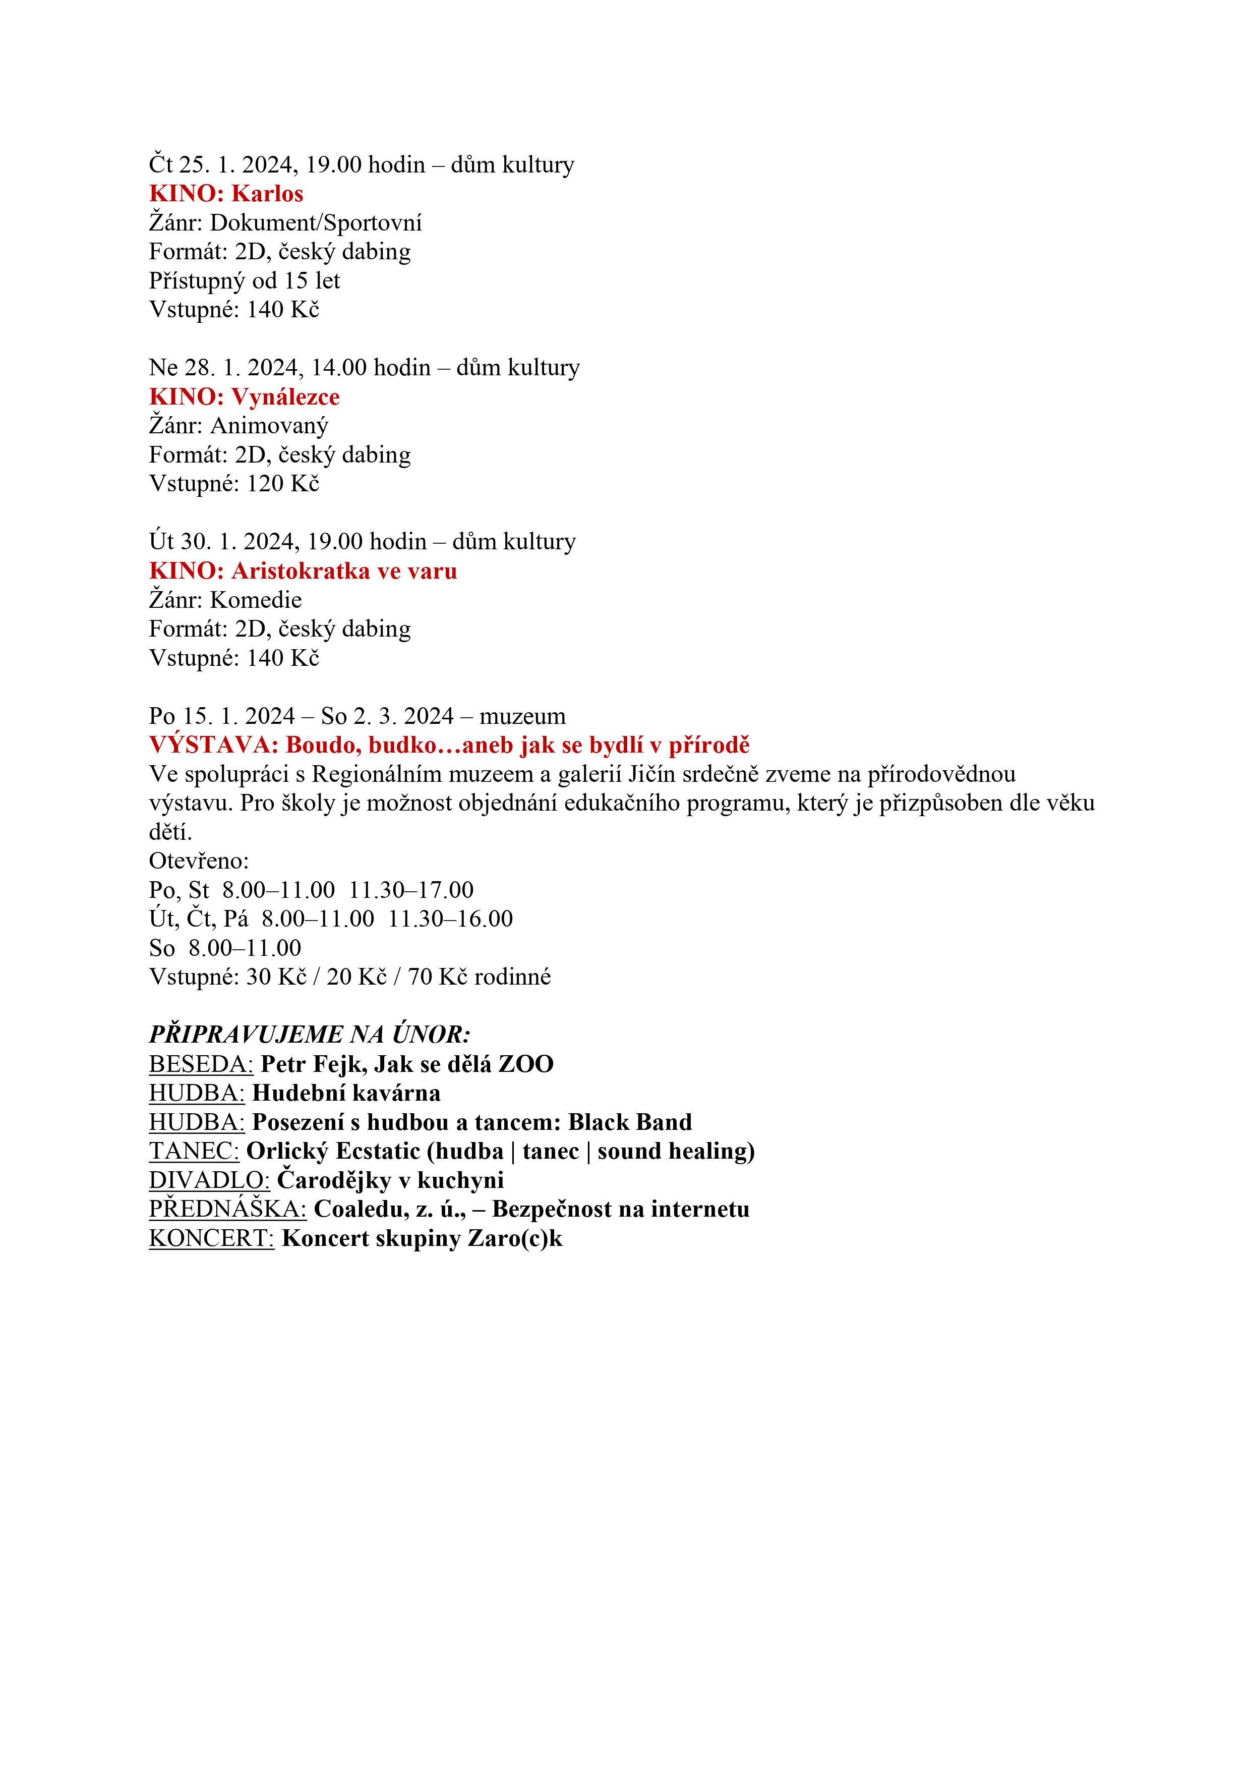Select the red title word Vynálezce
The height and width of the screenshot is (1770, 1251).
[x=285, y=397]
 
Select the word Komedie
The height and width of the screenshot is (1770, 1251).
[x=256, y=600]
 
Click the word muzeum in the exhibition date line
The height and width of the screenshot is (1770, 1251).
[x=522, y=716]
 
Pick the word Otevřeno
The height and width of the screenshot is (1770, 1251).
[x=199, y=861]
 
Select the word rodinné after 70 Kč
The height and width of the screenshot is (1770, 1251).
[x=513, y=978]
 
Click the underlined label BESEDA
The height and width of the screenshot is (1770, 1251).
[x=200, y=1065]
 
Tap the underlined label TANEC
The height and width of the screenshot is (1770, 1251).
[x=194, y=1152]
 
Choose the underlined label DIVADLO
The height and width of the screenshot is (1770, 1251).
[x=209, y=1180]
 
